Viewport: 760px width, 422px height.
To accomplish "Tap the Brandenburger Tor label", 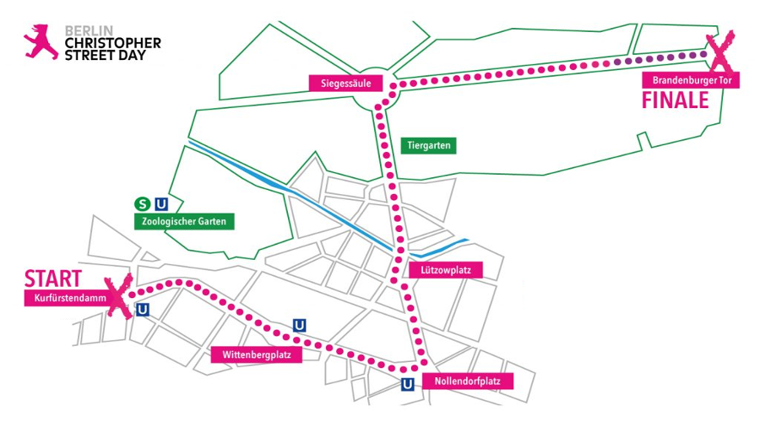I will (x=691, y=81).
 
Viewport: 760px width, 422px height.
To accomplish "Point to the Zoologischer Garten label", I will (x=184, y=221).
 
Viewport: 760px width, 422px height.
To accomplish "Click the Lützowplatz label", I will (x=445, y=271).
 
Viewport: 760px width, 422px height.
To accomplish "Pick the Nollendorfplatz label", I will (x=467, y=381).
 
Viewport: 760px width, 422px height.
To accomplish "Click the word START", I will (x=52, y=278).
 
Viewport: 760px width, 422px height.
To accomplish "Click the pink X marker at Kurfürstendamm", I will (x=118, y=295).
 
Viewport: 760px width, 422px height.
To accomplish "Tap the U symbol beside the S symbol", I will (x=161, y=203).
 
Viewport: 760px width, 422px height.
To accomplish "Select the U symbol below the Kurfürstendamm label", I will (x=143, y=310).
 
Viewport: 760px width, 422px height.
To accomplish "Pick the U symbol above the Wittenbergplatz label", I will (x=298, y=325).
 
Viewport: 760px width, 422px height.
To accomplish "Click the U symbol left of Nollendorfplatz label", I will (x=407, y=385).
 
